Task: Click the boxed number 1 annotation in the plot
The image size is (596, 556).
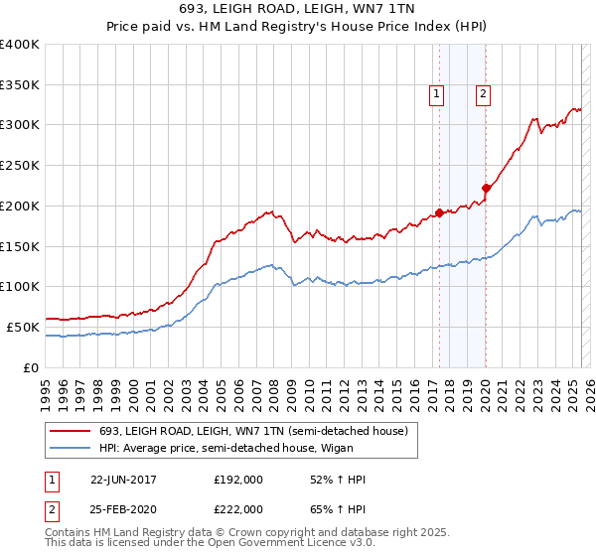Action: [x=436, y=94]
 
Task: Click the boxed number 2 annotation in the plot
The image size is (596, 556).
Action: [x=483, y=94]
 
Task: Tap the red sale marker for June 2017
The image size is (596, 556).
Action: [x=439, y=211]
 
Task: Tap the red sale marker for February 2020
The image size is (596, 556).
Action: [x=486, y=188]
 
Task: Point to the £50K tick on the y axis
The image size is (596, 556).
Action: [x=23, y=327]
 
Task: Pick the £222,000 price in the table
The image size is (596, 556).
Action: [x=238, y=508]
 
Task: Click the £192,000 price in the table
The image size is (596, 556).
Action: [x=238, y=480]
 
